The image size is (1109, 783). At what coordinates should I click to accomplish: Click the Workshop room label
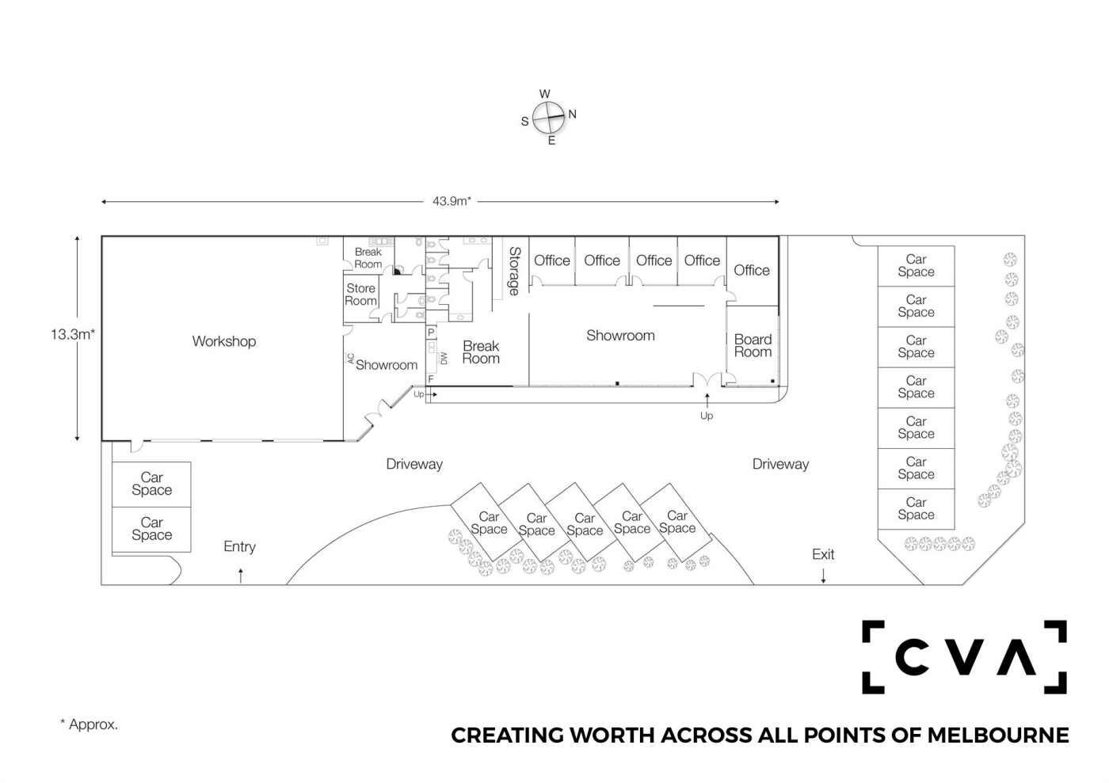(x=224, y=341)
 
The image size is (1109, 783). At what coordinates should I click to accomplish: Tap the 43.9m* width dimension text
(x=452, y=201)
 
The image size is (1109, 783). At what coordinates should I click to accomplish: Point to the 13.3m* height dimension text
(x=73, y=334)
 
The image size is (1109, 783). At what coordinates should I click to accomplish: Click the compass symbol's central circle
(x=548, y=118)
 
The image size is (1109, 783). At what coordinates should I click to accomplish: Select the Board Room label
(x=753, y=346)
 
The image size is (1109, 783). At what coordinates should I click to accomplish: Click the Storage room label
(x=514, y=271)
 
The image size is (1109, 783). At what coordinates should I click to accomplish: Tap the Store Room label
(x=360, y=295)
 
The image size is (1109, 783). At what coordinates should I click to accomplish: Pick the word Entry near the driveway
(x=239, y=546)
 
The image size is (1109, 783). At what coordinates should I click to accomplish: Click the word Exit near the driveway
(x=823, y=554)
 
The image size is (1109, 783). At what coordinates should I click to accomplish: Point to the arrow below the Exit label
(x=823, y=576)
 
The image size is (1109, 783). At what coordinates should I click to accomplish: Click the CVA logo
(x=964, y=657)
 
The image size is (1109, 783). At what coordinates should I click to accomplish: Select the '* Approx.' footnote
(x=89, y=724)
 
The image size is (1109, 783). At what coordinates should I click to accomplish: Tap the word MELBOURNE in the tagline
(x=997, y=735)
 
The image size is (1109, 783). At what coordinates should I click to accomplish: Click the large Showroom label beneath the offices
(x=620, y=336)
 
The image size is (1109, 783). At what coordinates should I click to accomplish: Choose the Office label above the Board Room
(x=751, y=270)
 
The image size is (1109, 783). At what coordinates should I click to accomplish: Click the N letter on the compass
(x=572, y=114)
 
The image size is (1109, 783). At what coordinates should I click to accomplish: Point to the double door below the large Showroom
(x=707, y=380)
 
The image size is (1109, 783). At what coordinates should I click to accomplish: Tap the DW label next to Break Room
(x=444, y=359)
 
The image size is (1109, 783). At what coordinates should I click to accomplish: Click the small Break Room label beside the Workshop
(x=368, y=258)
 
